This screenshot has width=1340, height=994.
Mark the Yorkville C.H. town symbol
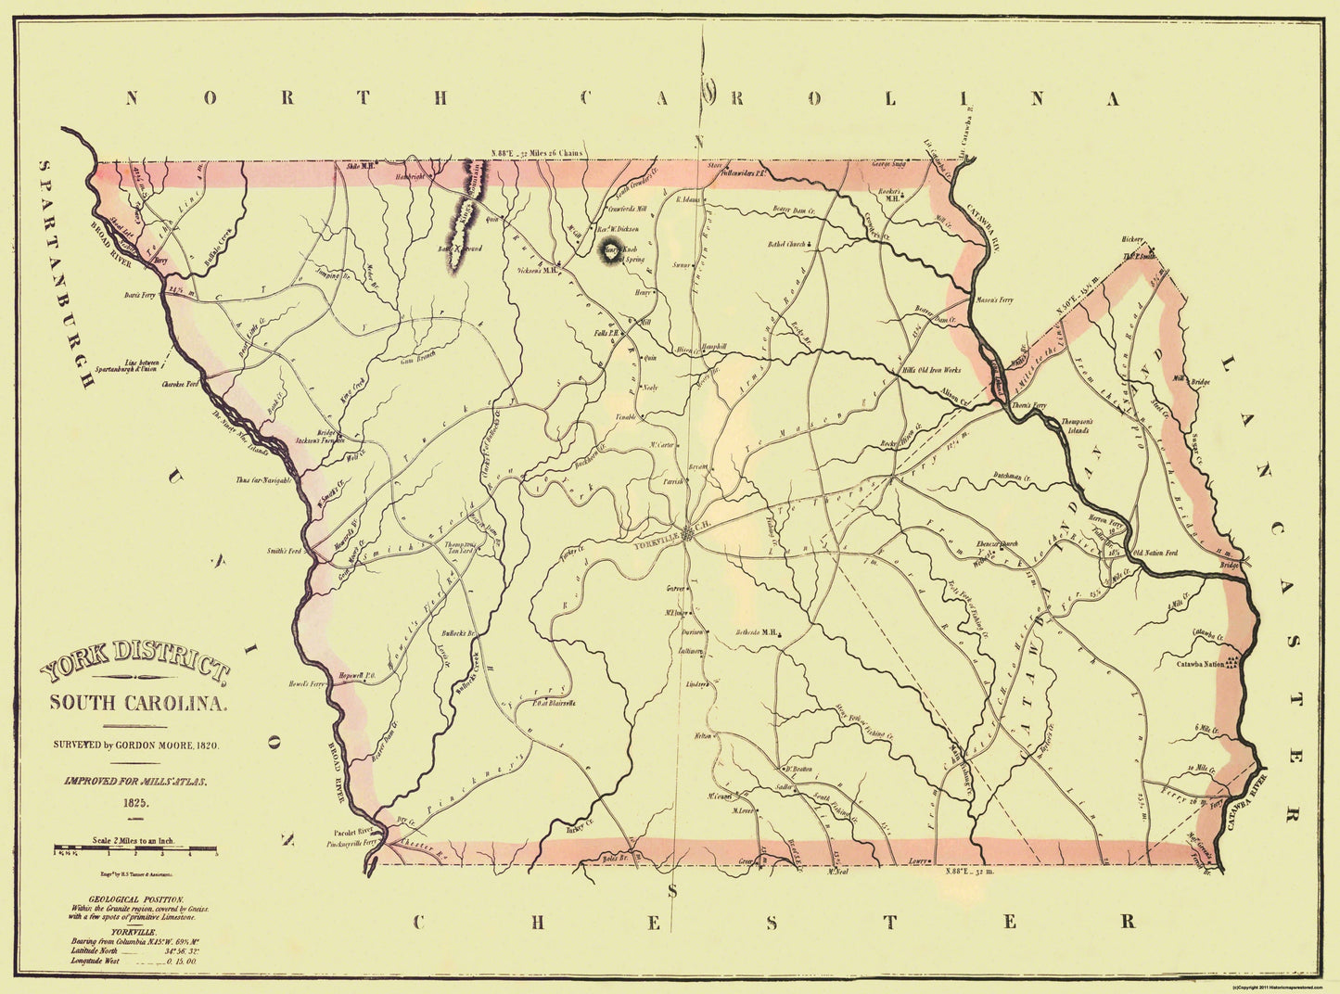[x=687, y=531]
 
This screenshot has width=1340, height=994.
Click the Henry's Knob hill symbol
[x=614, y=251]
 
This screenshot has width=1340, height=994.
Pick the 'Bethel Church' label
[x=786, y=245]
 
